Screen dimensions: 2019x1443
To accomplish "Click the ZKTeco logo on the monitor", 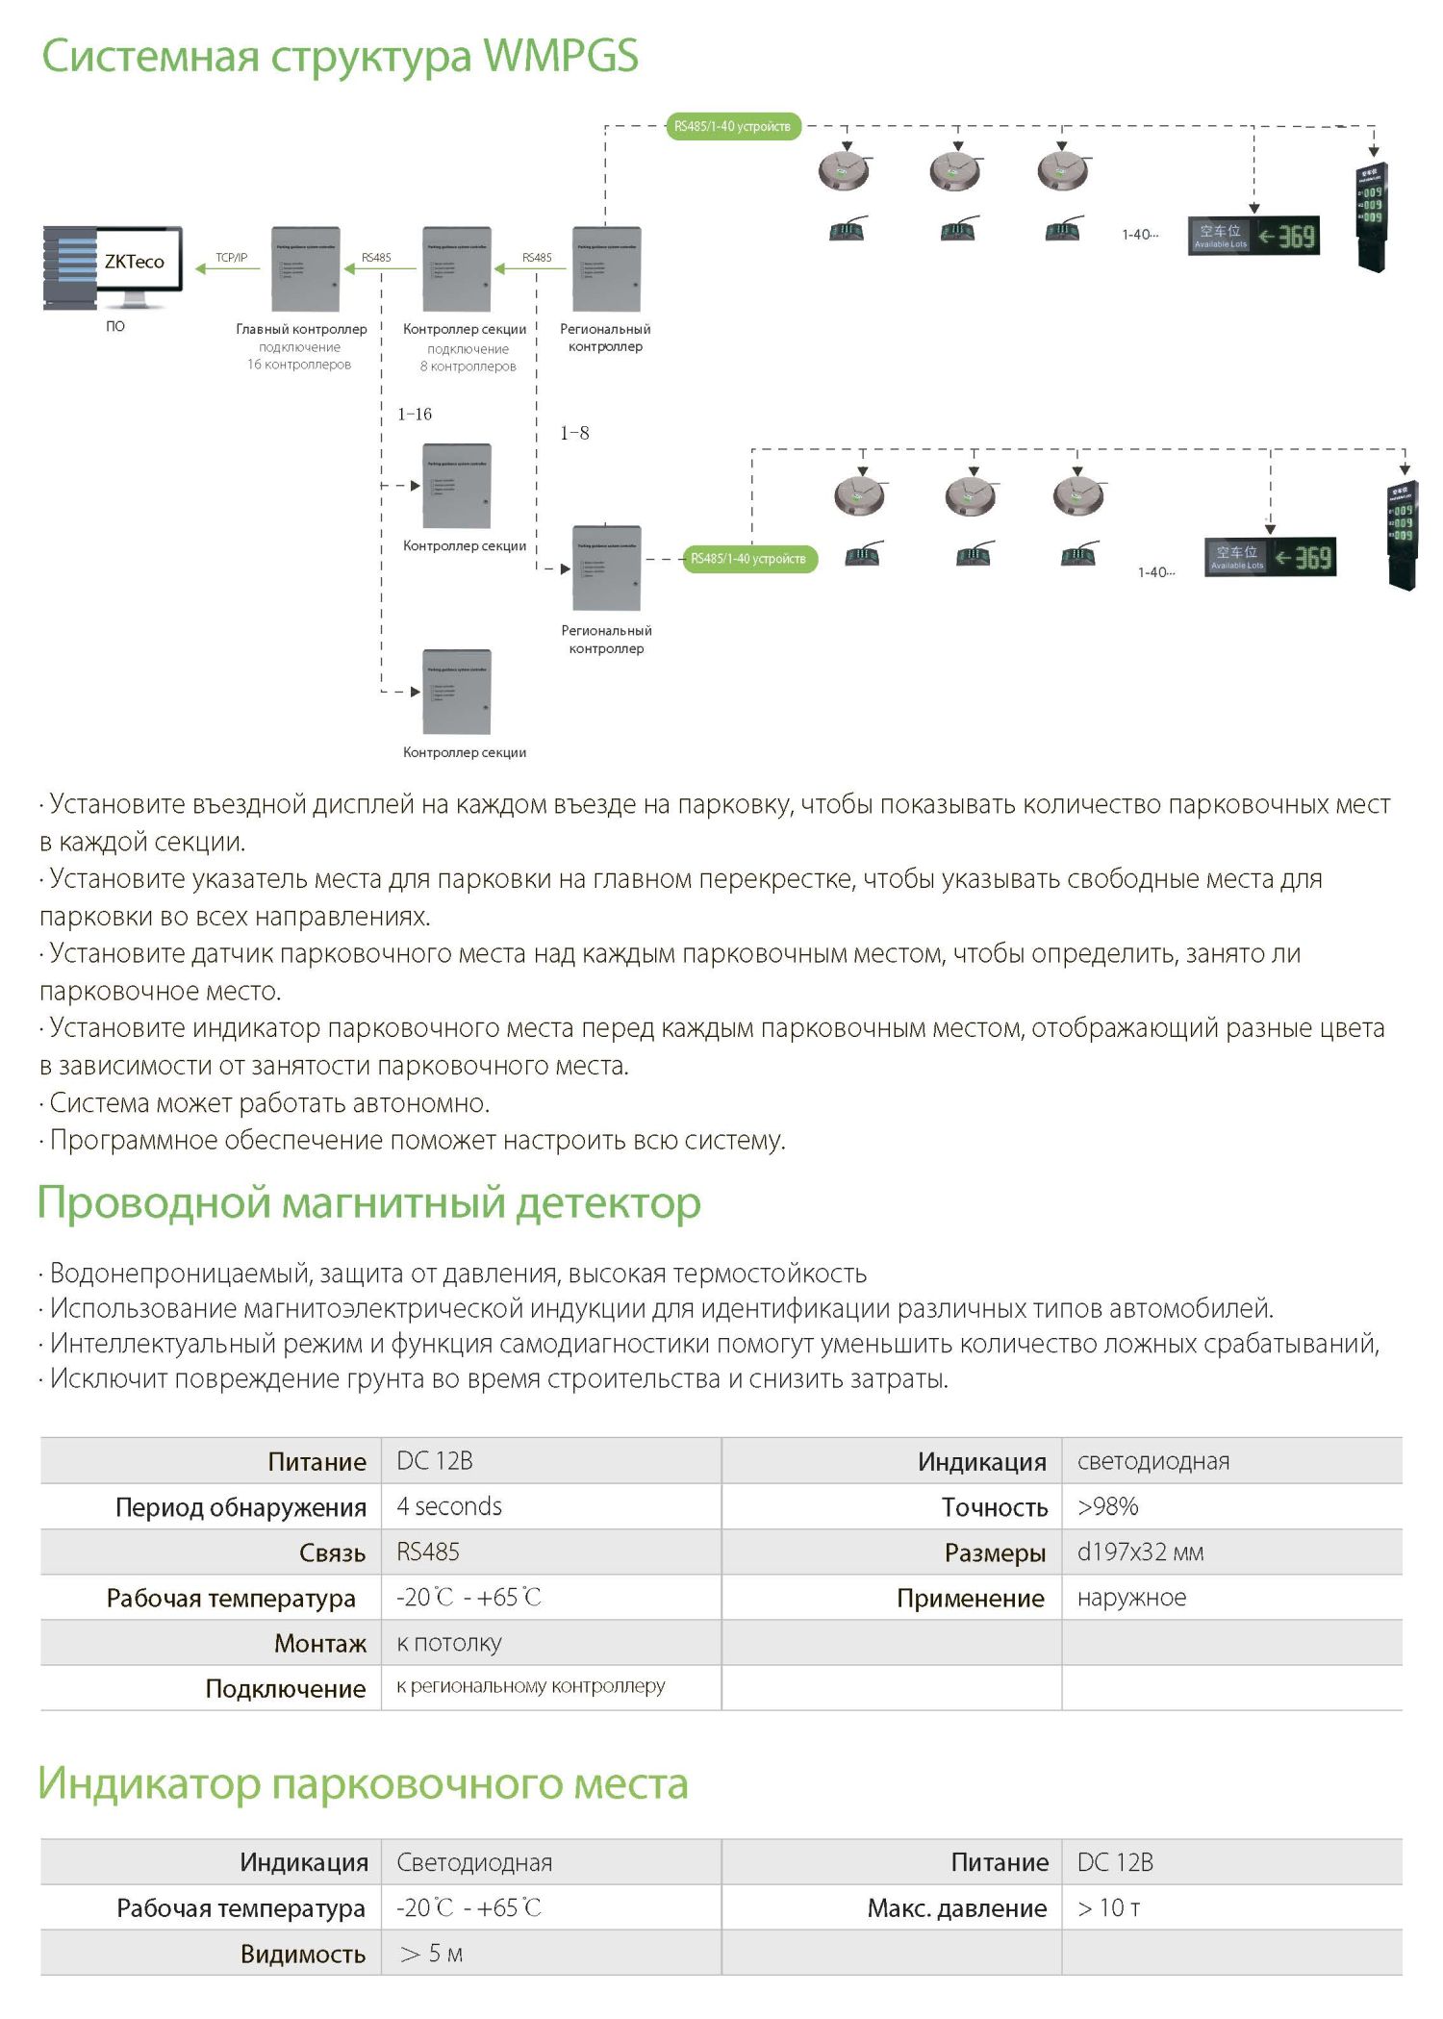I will point(135,262).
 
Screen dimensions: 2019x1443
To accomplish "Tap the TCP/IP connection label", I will point(231,258).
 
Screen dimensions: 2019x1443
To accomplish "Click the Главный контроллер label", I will point(301,329).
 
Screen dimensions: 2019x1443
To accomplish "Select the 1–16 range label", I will point(415,415).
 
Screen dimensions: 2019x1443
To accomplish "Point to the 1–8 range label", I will point(574,434).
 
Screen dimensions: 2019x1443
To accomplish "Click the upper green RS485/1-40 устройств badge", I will point(733,126).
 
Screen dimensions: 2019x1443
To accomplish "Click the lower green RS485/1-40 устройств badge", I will point(749,559).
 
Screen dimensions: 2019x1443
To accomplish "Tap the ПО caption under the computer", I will point(115,326).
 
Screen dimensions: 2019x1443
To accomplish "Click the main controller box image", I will point(306,269).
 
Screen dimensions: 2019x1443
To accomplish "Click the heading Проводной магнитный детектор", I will point(368,1202).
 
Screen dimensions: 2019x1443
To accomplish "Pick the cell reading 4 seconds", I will point(449,1506).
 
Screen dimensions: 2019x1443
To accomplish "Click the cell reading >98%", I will point(1108,1506).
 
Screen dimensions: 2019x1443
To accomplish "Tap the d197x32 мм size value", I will point(1140,1552).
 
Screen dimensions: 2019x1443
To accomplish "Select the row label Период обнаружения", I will point(240,1507).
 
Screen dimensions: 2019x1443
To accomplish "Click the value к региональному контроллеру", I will point(531,1686).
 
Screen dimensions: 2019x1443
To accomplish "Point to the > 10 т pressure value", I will point(1109,1908).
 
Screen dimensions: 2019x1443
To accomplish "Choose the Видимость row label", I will point(303,1955).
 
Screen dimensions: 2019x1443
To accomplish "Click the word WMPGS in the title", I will point(561,56).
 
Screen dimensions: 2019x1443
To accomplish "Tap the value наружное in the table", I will point(1131,1598).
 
